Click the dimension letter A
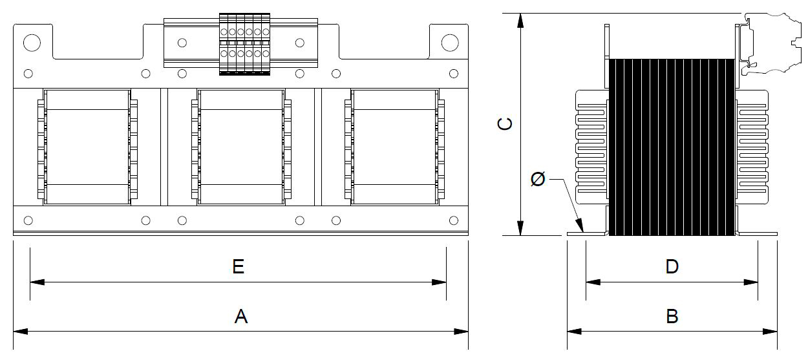pos(241,316)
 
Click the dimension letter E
pos(238,266)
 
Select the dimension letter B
pos(672,316)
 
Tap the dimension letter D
pos(672,266)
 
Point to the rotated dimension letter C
pos(505,124)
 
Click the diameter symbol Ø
pos(538,179)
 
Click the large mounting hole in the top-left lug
pos(32,43)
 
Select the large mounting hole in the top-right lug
pos(450,43)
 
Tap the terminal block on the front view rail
pos(244,44)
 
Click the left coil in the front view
pos(87,147)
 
